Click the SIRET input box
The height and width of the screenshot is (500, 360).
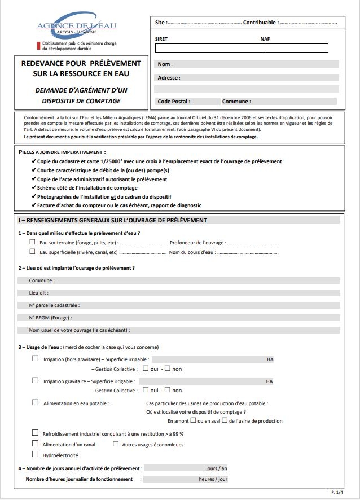[x=209, y=48]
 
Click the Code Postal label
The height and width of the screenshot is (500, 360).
[x=173, y=102]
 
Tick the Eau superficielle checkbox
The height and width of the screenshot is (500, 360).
[x=32, y=252]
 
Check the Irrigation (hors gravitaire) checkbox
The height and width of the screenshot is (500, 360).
[x=36, y=358]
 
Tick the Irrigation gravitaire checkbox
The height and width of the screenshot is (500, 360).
[x=36, y=380]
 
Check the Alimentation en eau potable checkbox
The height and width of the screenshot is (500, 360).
[x=36, y=403]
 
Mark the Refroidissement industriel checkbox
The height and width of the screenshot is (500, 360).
[x=36, y=433]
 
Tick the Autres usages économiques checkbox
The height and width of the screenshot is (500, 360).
[x=116, y=444]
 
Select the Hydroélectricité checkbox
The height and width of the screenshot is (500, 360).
[x=36, y=454]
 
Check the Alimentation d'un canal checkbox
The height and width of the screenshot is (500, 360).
[x=36, y=444]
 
